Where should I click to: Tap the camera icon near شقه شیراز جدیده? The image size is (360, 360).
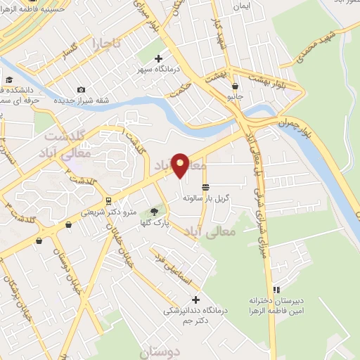(82, 89)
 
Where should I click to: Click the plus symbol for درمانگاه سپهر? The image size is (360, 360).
(158, 58)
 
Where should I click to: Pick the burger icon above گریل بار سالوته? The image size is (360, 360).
(205, 187)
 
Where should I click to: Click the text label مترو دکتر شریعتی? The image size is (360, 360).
(108, 211)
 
